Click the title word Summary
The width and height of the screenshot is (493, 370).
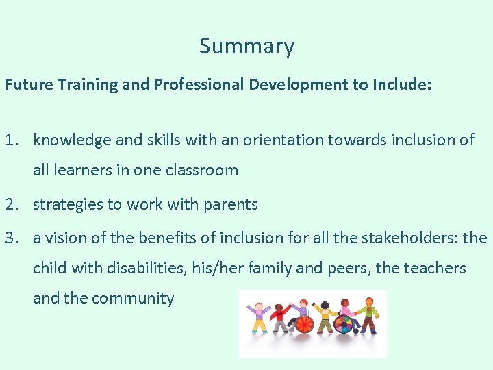click(x=246, y=46)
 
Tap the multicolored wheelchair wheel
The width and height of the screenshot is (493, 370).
click(x=343, y=323)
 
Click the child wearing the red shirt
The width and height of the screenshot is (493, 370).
click(x=279, y=319)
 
